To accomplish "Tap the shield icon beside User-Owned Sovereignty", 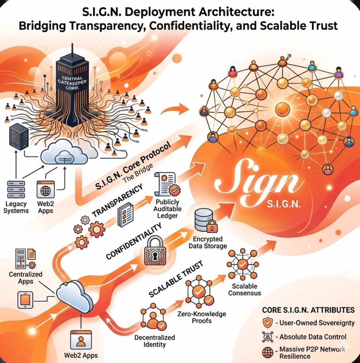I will pos(268,323).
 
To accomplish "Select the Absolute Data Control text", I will pos(313,336).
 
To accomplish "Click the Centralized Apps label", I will pos(26,278).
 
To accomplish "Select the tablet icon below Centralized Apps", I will pos(25,300).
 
